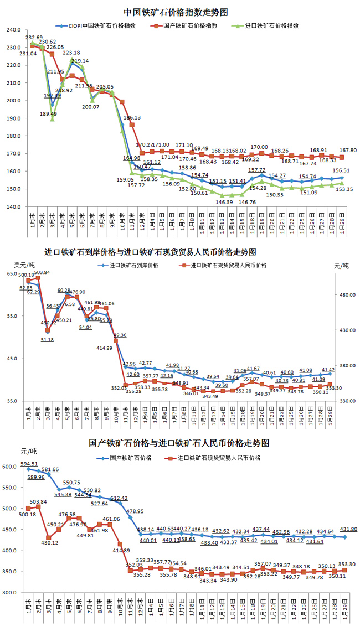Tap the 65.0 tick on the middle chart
pyautogui.click(x=13, y=274)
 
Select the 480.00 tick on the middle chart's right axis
pyautogui.click(x=347, y=296)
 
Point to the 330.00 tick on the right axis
pyautogui.click(x=347, y=401)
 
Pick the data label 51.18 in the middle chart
pyautogui.click(x=48, y=339)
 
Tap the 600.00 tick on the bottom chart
pyautogui.click(x=12, y=467)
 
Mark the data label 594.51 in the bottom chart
pyautogui.click(x=28, y=464)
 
